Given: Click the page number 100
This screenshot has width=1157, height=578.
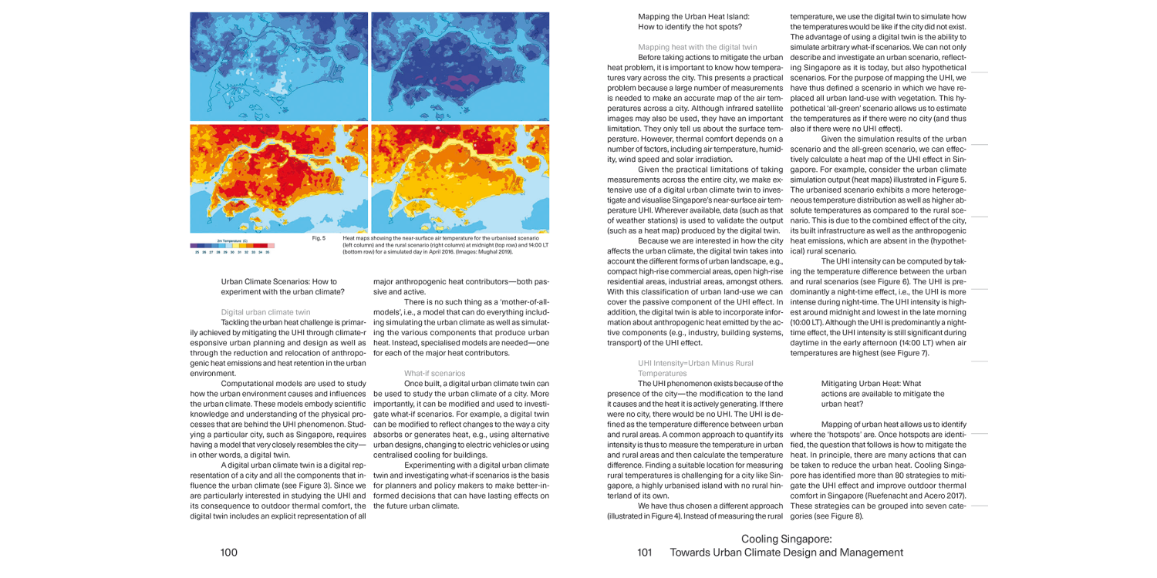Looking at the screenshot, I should point(229,552).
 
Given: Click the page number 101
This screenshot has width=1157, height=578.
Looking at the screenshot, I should point(645,552).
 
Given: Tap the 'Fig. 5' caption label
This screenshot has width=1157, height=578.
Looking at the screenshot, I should point(319,238).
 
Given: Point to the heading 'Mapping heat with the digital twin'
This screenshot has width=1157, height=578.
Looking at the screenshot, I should point(697,47).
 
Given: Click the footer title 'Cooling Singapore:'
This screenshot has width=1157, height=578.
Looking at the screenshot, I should point(786,539).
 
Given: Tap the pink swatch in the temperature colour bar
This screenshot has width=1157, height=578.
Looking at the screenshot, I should point(271,246).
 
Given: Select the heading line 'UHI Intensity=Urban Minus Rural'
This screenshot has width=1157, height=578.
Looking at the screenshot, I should point(695,363).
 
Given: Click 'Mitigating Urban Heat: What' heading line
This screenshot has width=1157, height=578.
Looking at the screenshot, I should point(871,383).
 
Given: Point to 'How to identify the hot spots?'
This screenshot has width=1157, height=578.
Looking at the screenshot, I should point(690,27).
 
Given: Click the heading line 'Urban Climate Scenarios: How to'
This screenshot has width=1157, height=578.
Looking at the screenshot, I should point(278,282).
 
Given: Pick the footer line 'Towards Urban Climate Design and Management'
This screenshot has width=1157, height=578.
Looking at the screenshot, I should point(786,552).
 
